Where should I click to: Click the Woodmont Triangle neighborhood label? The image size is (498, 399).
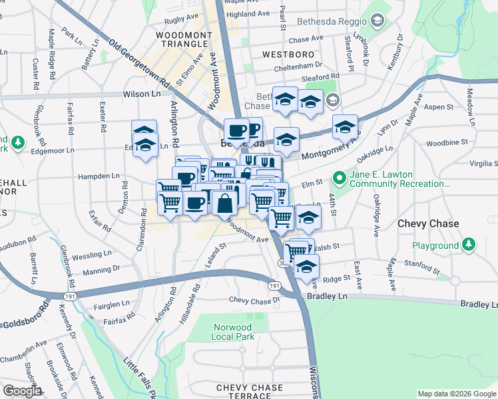coord(182,39)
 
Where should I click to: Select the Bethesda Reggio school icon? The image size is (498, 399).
coord(378,21)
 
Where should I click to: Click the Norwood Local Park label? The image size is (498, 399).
coord(232,332)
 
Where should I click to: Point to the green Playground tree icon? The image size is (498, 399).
coord(470,245)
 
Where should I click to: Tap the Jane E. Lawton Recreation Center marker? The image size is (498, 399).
coord(340,178)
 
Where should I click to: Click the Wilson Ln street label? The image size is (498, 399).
coord(142,94)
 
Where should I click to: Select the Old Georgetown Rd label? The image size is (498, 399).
coord(139,64)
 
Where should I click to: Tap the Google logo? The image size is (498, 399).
coord(22,391)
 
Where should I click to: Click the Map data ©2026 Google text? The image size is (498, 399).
coord(456,394)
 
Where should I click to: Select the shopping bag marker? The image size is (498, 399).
coord(225,202)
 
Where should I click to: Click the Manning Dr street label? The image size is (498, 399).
coord(102,269)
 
